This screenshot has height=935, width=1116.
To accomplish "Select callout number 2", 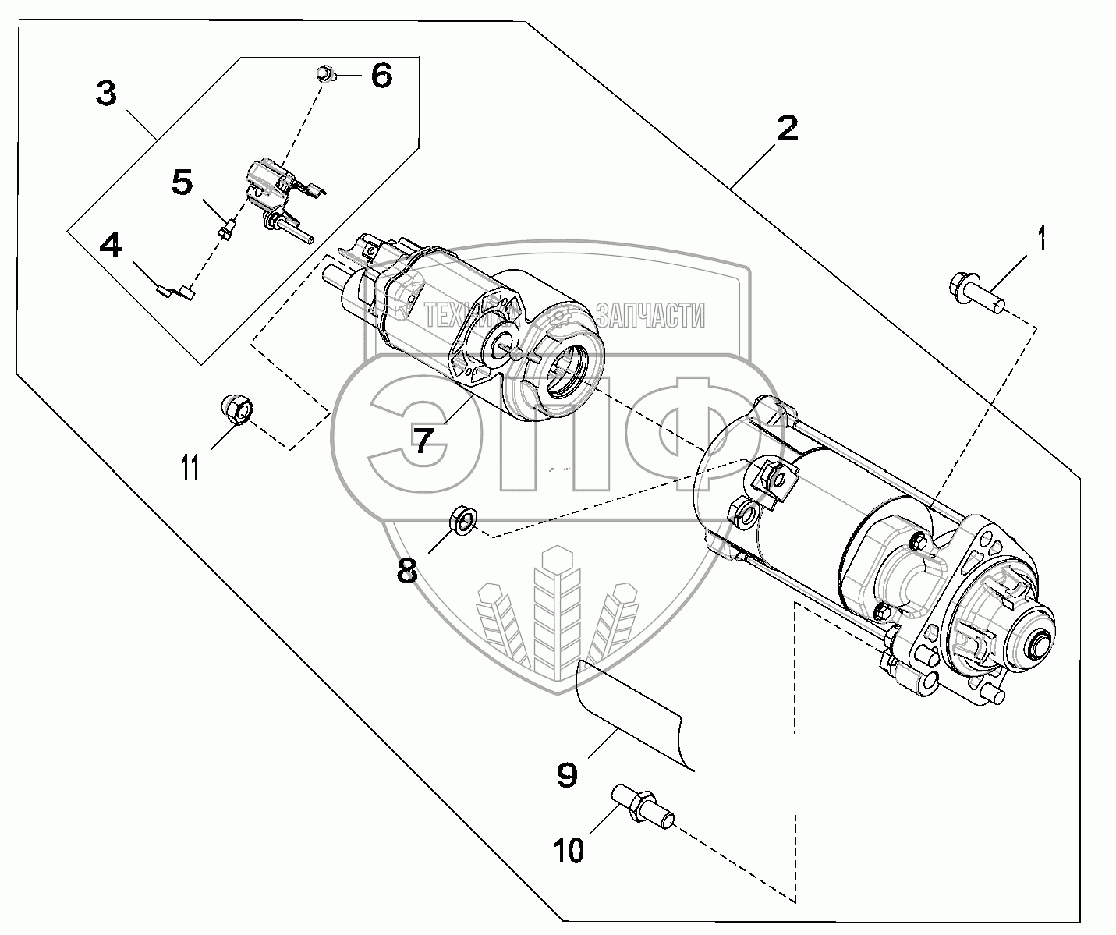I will pyautogui.click(x=787, y=128).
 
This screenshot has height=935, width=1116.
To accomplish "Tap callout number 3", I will pyautogui.click(x=106, y=95).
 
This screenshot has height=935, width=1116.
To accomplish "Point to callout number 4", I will pyautogui.click(x=111, y=246).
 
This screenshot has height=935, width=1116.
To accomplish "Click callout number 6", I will pyautogui.click(x=381, y=76).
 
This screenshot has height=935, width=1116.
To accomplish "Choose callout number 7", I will pyautogui.click(x=422, y=441).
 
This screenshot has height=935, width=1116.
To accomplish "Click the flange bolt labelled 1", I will pyautogui.click(x=976, y=293).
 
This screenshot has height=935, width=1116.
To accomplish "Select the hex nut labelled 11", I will pyautogui.click(x=235, y=409).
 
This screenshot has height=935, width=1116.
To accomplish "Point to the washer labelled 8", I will pyautogui.click(x=464, y=519).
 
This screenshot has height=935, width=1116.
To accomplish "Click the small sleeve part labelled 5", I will pyautogui.click(x=228, y=230).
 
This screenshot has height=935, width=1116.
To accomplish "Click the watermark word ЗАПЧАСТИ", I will pyautogui.click(x=650, y=316).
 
